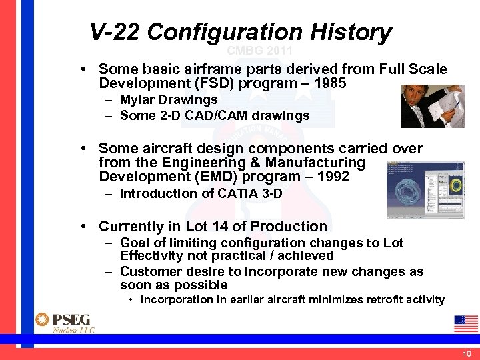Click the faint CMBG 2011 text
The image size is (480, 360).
tap(259, 51)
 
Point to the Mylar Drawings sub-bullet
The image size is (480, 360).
tap(169, 100)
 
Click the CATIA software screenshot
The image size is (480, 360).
tap(425, 189)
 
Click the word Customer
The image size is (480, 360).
tap(147, 272)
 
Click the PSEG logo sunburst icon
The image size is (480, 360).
tap(43, 320)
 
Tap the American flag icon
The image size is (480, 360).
tap(466, 323)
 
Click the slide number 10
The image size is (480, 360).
tap(466, 353)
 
